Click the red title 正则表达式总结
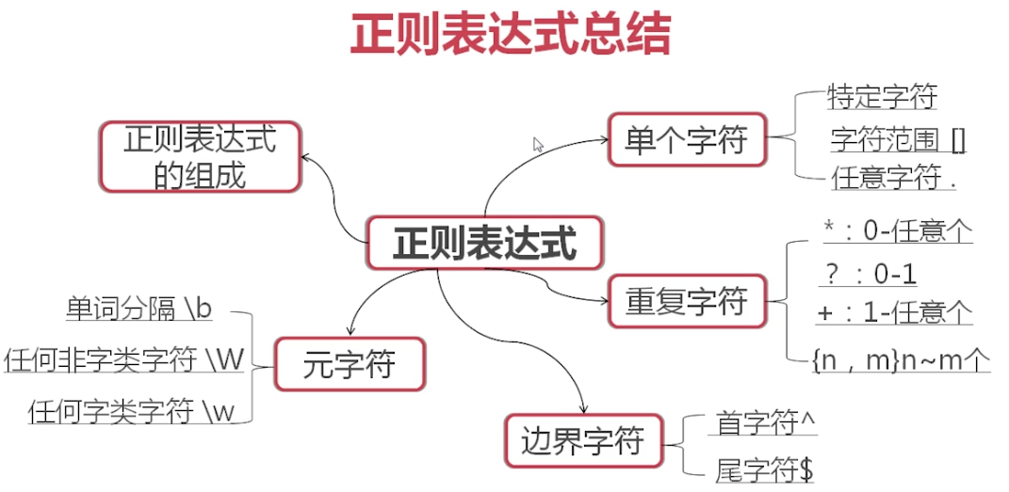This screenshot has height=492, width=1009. [x=511, y=33]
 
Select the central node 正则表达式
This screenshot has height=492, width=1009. [x=484, y=242]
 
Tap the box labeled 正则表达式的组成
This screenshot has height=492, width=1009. [x=200, y=156]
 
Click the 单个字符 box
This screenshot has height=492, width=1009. [x=687, y=138]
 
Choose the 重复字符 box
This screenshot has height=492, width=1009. [x=687, y=301]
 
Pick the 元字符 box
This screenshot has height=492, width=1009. [x=350, y=364]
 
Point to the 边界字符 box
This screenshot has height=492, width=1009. [x=583, y=441]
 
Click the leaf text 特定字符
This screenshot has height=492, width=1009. [x=882, y=98]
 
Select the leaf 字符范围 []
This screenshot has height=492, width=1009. [x=899, y=140]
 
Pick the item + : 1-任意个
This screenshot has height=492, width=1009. [x=894, y=313]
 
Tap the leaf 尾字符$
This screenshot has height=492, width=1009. [x=764, y=470]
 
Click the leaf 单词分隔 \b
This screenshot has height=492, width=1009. [x=138, y=309]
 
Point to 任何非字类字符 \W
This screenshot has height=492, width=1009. [x=123, y=360]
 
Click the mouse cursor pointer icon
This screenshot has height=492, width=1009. [x=538, y=144]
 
